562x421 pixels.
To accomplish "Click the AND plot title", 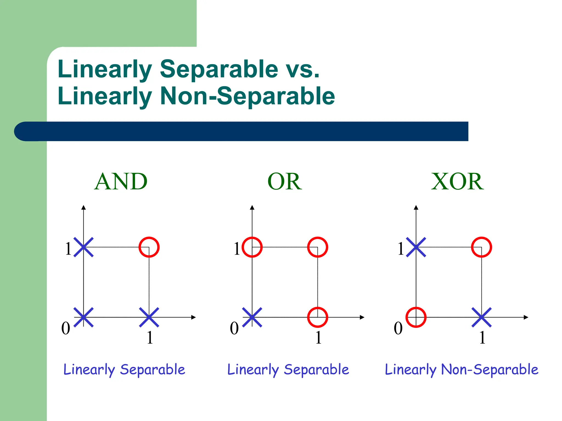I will point(121,181).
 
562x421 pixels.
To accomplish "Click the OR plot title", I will point(285,181).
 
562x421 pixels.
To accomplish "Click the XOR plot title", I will point(457,181).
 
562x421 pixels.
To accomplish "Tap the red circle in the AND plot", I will point(149,247).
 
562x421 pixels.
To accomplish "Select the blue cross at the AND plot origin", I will point(84,317).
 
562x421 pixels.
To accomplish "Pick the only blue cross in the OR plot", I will point(252,317).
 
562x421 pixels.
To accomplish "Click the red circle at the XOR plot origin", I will point(416,317).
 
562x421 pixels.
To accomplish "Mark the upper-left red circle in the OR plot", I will point(252,247).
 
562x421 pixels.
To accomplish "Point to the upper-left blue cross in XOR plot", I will point(416,247).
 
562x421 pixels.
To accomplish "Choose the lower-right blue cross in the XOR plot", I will point(482,317).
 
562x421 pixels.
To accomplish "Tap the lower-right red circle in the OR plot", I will point(317,317).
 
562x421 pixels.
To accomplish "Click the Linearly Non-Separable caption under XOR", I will point(462,369).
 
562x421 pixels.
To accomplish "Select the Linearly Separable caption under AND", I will point(124,369).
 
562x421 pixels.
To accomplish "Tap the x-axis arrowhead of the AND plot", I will point(194,317).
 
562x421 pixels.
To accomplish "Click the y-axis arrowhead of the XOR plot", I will point(416,207).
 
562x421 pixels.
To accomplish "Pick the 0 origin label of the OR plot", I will point(234,328).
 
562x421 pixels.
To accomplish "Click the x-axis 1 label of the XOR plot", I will point(482,338).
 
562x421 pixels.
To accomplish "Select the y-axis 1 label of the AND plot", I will point(68,249).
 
